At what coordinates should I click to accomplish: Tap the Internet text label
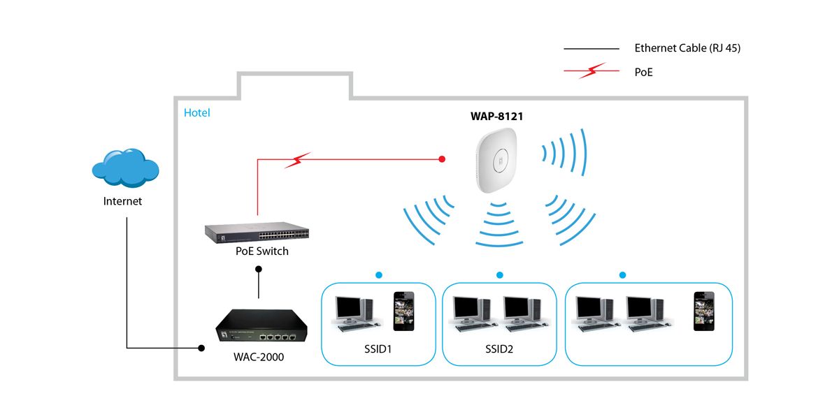tap(122, 201)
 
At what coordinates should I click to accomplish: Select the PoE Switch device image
tap(257, 233)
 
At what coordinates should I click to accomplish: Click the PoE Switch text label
tap(262, 251)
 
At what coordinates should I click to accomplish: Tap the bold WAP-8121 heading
tap(496, 117)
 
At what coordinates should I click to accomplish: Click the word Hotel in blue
tap(196, 112)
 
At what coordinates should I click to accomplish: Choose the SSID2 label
tap(499, 348)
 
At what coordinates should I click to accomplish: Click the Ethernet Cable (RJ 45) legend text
tap(687, 48)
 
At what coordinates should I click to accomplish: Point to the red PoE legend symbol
tap(591, 71)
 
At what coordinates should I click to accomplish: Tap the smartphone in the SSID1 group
tap(403, 311)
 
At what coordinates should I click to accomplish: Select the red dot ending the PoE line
tap(442, 159)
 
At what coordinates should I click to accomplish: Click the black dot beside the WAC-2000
tap(201, 347)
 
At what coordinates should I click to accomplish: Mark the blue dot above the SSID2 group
tap(499, 275)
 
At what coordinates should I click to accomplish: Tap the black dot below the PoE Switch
tap(259, 269)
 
